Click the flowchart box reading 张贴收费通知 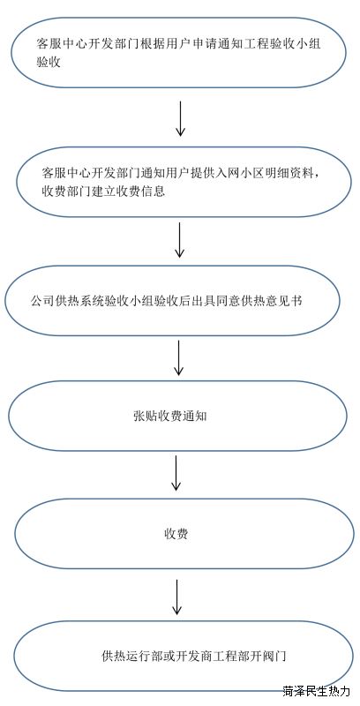click(178, 416)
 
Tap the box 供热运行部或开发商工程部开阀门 click(183, 656)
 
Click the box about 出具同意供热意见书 click(172, 301)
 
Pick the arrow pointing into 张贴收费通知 click(178, 358)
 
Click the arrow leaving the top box click(180, 118)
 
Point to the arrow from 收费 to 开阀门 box click(176, 597)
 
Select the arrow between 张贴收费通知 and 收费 click(176, 473)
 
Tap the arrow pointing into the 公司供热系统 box click(179, 240)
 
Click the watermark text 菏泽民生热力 click(317, 690)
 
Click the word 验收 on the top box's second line click(49, 62)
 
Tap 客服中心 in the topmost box click(60, 44)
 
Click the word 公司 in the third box click(42, 301)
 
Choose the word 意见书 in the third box click(283, 301)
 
